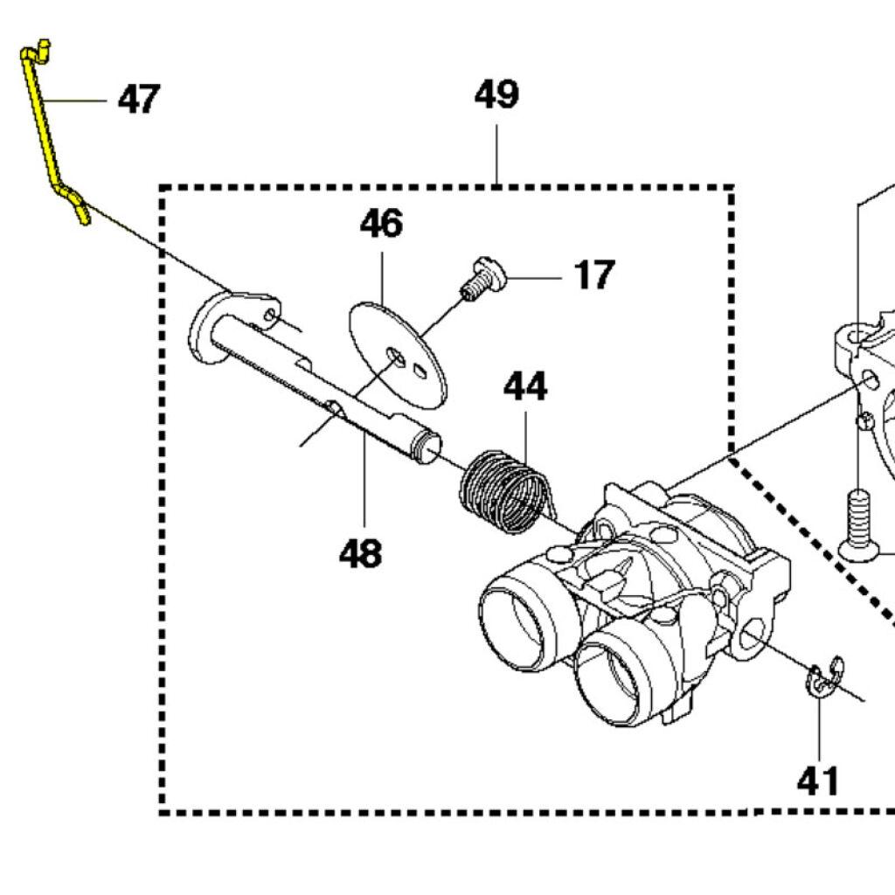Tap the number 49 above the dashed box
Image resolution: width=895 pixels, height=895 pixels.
(x=496, y=94)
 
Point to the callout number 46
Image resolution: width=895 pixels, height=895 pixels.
(x=381, y=224)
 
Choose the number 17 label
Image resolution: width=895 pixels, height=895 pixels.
(x=594, y=276)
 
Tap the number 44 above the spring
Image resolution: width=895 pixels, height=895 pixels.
(x=524, y=386)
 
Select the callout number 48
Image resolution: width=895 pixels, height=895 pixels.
(x=361, y=552)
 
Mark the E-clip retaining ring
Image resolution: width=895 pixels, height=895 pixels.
(x=822, y=678)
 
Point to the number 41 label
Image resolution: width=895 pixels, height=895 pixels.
(x=818, y=781)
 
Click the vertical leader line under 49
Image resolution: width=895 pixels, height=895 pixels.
(x=496, y=153)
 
